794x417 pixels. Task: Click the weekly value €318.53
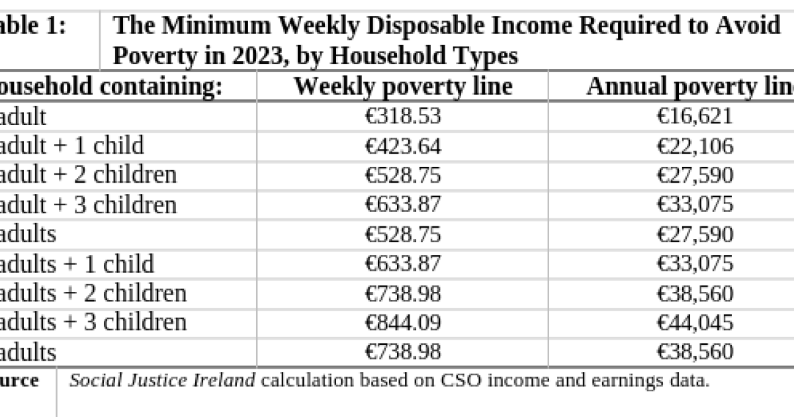click(402, 116)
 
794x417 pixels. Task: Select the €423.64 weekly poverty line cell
click(402, 146)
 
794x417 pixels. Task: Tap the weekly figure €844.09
click(402, 322)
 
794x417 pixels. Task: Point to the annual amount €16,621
click(695, 116)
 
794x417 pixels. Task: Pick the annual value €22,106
click(695, 146)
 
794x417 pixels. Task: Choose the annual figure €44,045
click(695, 322)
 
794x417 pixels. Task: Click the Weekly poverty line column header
click(402, 87)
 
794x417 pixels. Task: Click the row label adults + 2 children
click(93, 293)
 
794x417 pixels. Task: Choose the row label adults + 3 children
click(93, 322)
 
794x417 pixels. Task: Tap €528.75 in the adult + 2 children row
click(402, 175)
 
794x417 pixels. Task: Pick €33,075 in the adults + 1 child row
click(695, 263)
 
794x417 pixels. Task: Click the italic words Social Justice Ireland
click(162, 381)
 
